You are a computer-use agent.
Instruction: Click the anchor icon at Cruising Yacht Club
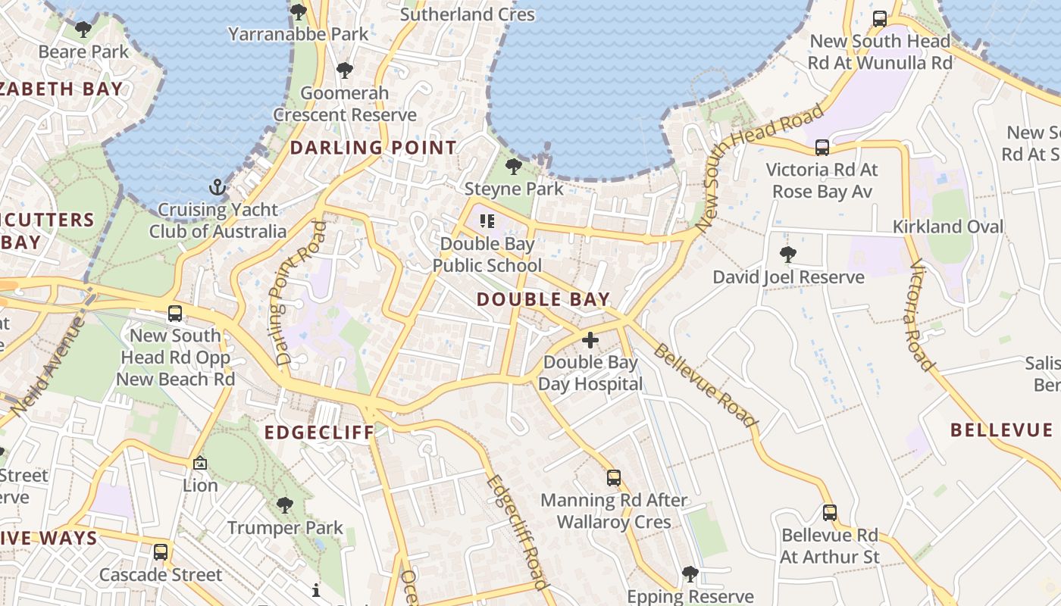coord(218,186)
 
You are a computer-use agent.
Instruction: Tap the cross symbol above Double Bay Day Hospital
coord(590,340)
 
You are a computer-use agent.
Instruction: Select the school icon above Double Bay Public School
coord(487,221)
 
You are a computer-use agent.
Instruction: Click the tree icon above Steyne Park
coord(514,166)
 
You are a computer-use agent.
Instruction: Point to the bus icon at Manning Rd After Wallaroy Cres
coord(614,478)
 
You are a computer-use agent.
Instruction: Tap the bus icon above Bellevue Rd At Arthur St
coord(830,513)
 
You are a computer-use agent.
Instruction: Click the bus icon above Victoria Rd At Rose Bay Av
coord(822,147)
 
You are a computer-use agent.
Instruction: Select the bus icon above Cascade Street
coord(161,552)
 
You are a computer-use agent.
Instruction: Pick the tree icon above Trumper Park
coord(285,504)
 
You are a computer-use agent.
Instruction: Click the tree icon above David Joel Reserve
coord(788,255)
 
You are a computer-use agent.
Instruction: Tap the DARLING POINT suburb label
coord(374,148)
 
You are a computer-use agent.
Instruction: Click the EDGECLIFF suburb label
coord(319,433)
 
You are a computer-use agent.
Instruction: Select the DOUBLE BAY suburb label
coord(543,299)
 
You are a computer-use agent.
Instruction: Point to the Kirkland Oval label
coord(947,226)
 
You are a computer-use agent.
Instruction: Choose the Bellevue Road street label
coord(706,385)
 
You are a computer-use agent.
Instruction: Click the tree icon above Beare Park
coord(83,30)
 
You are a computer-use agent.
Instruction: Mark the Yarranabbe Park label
coord(299,34)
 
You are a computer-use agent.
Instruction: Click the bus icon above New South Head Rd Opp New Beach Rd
coord(175,313)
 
